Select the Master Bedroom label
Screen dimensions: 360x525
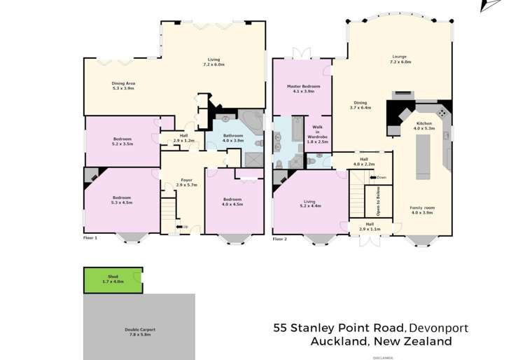click(302, 89)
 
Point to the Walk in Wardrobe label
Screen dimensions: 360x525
click(317, 134)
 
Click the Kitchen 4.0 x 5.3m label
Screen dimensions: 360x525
click(424, 126)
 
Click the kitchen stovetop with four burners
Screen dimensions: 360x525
click(442, 112)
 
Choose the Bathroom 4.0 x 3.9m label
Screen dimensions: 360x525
click(232, 137)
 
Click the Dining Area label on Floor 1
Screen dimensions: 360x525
click(123, 86)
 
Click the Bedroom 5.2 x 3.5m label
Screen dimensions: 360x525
click(122, 141)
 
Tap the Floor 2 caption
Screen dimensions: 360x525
click(279, 239)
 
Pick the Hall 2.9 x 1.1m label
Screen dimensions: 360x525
click(370, 226)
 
